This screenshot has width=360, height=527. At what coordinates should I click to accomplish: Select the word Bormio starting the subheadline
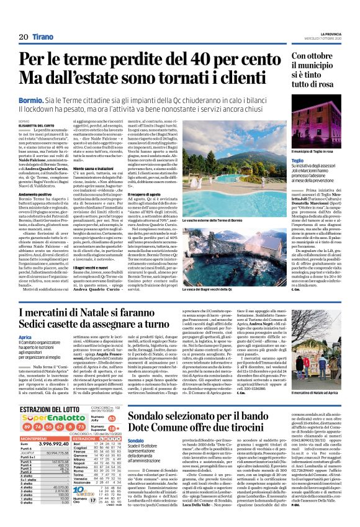[32, 99]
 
